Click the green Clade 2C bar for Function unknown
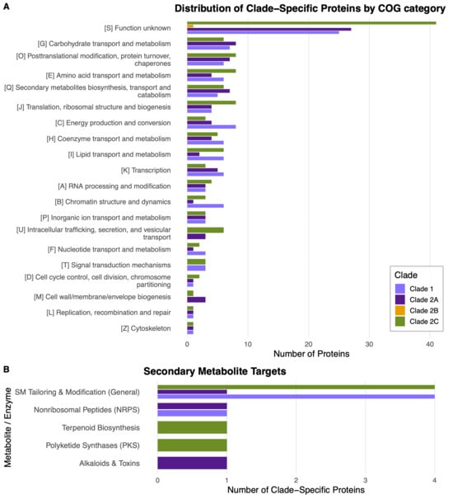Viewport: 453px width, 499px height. [x=311, y=22]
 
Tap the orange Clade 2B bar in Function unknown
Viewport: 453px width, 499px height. [x=190, y=26]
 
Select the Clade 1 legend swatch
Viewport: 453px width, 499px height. [x=400, y=289]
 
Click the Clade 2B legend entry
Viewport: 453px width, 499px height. [x=417, y=310]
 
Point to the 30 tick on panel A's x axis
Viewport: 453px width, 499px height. [x=369, y=344]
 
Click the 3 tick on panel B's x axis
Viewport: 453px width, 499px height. [x=365, y=480]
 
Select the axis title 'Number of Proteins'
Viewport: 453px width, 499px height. [x=311, y=354]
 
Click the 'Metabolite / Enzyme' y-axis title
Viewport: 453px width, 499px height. [x=7, y=427]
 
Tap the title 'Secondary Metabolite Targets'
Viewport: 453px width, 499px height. [x=215, y=371]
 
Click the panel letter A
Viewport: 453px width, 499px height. [x=6, y=7]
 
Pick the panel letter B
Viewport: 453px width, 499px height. [x=6, y=370]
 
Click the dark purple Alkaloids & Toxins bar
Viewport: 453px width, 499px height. [x=193, y=463]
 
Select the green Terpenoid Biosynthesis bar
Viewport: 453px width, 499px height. [x=193, y=427]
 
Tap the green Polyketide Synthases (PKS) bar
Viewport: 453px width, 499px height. [x=193, y=445]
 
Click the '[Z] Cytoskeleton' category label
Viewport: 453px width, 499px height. [x=146, y=328]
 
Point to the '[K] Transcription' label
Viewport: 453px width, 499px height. [x=146, y=170]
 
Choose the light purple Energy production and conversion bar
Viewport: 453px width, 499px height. [x=212, y=127]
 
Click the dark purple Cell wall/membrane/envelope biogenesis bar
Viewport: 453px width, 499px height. [x=196, y=299]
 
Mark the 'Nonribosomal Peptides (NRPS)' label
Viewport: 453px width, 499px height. [x=86, y=410]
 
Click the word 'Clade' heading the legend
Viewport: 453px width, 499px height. [x=406, y=275]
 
